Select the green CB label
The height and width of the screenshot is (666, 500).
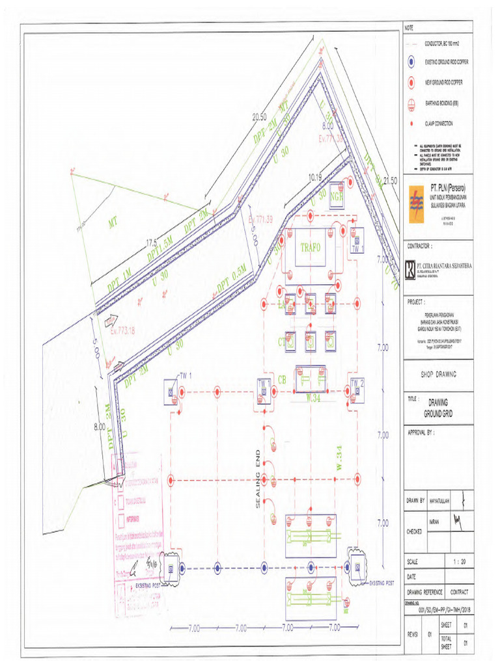[x=283, y=379]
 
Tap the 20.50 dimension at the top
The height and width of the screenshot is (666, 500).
[x=260, y=117]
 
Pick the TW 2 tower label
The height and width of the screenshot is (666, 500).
[x=357, y=382]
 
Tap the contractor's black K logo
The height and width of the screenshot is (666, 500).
[x=409, y=269]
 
